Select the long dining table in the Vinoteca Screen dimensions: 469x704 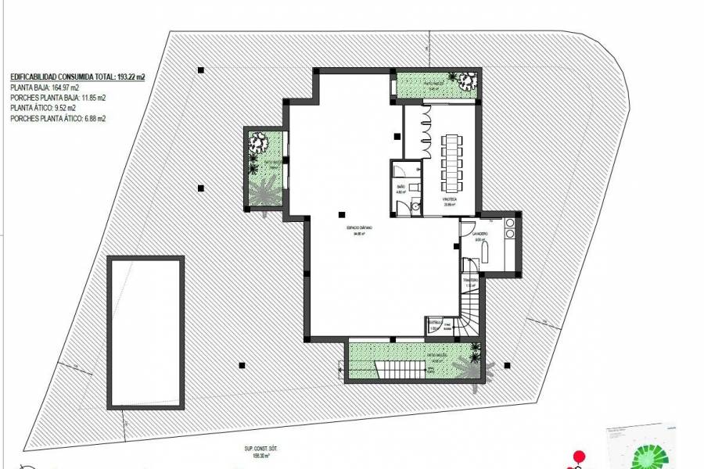click(x=452, y=163)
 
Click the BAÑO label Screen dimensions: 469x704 click(x=400, y=187)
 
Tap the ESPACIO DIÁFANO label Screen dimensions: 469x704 click(x=360, y=227)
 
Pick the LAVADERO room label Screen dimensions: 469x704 click(x=480, y=233)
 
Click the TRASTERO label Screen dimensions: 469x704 click(x=470, y=279)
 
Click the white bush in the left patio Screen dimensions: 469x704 click(x=258, y=142)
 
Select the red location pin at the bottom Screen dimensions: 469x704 click(x=580, y=456)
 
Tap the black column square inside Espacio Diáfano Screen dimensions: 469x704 click(x=341, y=213)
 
